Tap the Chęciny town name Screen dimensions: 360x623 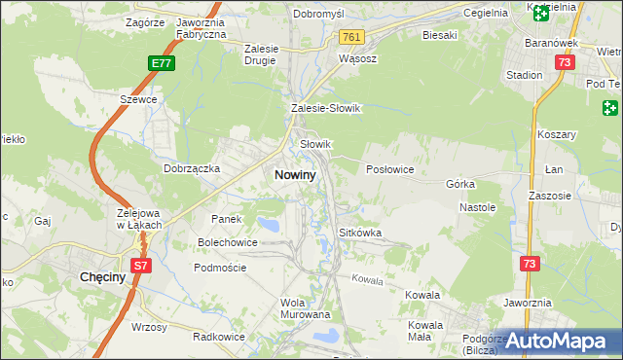click(x=98, y=277)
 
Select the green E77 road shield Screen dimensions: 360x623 click(x=163, y=64)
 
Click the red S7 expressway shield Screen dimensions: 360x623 click(x=141, y=264)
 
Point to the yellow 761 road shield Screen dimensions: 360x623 click(x=351, y=37)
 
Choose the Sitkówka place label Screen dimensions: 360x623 click(x=359, y=234)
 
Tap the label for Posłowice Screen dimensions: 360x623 click(x=390, y=168)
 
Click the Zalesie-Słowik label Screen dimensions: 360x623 click(x=325, y=109)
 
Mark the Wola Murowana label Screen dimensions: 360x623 click(x=306, y=308)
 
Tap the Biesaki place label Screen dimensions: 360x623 click(x=440, y=35)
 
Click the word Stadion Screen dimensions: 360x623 click(x=524, y=75)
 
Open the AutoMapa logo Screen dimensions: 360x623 click(x=562, y=341)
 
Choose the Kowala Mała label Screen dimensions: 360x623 click(x=426, y=331)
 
